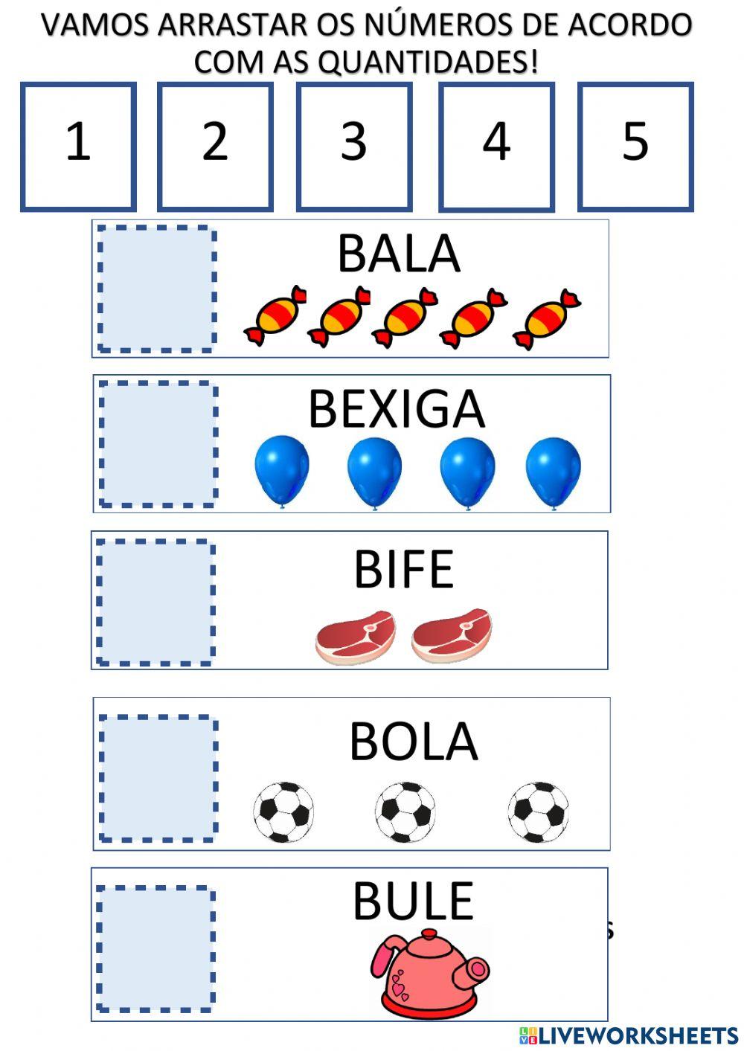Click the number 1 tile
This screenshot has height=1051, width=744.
pyautogui.click(x=78, y=147)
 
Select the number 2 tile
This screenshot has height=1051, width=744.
pyautogui.click(x=216, y=147)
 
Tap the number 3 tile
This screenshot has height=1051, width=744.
pyautogui.click(x=354, y=147)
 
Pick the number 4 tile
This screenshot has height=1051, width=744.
pyautogui.click(x=497, y=147)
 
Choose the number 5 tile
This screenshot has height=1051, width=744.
pyautogui.click(x=635, y=147)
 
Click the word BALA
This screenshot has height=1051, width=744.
pyautogui.click(x=399, y=254)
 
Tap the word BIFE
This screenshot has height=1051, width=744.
pyautogui.click(x=404, y=569)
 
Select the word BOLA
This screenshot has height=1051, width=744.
pyautogui.click(x=414, y=742)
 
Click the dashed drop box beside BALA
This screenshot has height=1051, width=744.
pyautogui.click(x=157, y=289)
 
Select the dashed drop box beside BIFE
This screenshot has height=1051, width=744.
pyautogui.click(x=155, y=602)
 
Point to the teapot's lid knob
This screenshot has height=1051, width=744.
pyautogui.click(x=429, y=934)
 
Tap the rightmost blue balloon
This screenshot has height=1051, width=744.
pyautogui.click(x=554, y=472)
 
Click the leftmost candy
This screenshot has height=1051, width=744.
pyautogui.click(x=275, y=316)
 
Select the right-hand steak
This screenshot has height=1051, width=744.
pyautogui.click(x=452, y=636)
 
